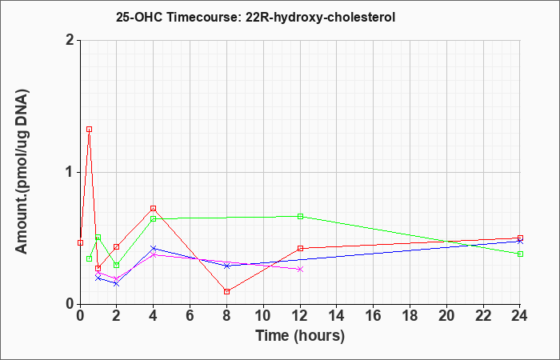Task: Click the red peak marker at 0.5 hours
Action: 90,130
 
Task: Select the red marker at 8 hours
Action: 226,291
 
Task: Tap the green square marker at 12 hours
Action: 300,217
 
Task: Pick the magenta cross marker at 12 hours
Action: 300,270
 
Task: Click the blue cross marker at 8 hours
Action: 226,266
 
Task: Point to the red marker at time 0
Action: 80,243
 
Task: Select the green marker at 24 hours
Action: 520,254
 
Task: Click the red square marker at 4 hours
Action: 154,208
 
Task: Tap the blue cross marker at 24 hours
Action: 520,242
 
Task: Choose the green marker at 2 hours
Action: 117,265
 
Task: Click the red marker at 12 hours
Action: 300,248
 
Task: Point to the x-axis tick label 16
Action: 374,316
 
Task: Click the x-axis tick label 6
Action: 190,316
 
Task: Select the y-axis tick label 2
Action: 70,40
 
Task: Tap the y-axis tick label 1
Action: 70,173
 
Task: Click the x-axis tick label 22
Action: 483,316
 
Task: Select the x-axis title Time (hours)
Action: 300,336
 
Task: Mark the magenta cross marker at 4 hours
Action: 154,254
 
